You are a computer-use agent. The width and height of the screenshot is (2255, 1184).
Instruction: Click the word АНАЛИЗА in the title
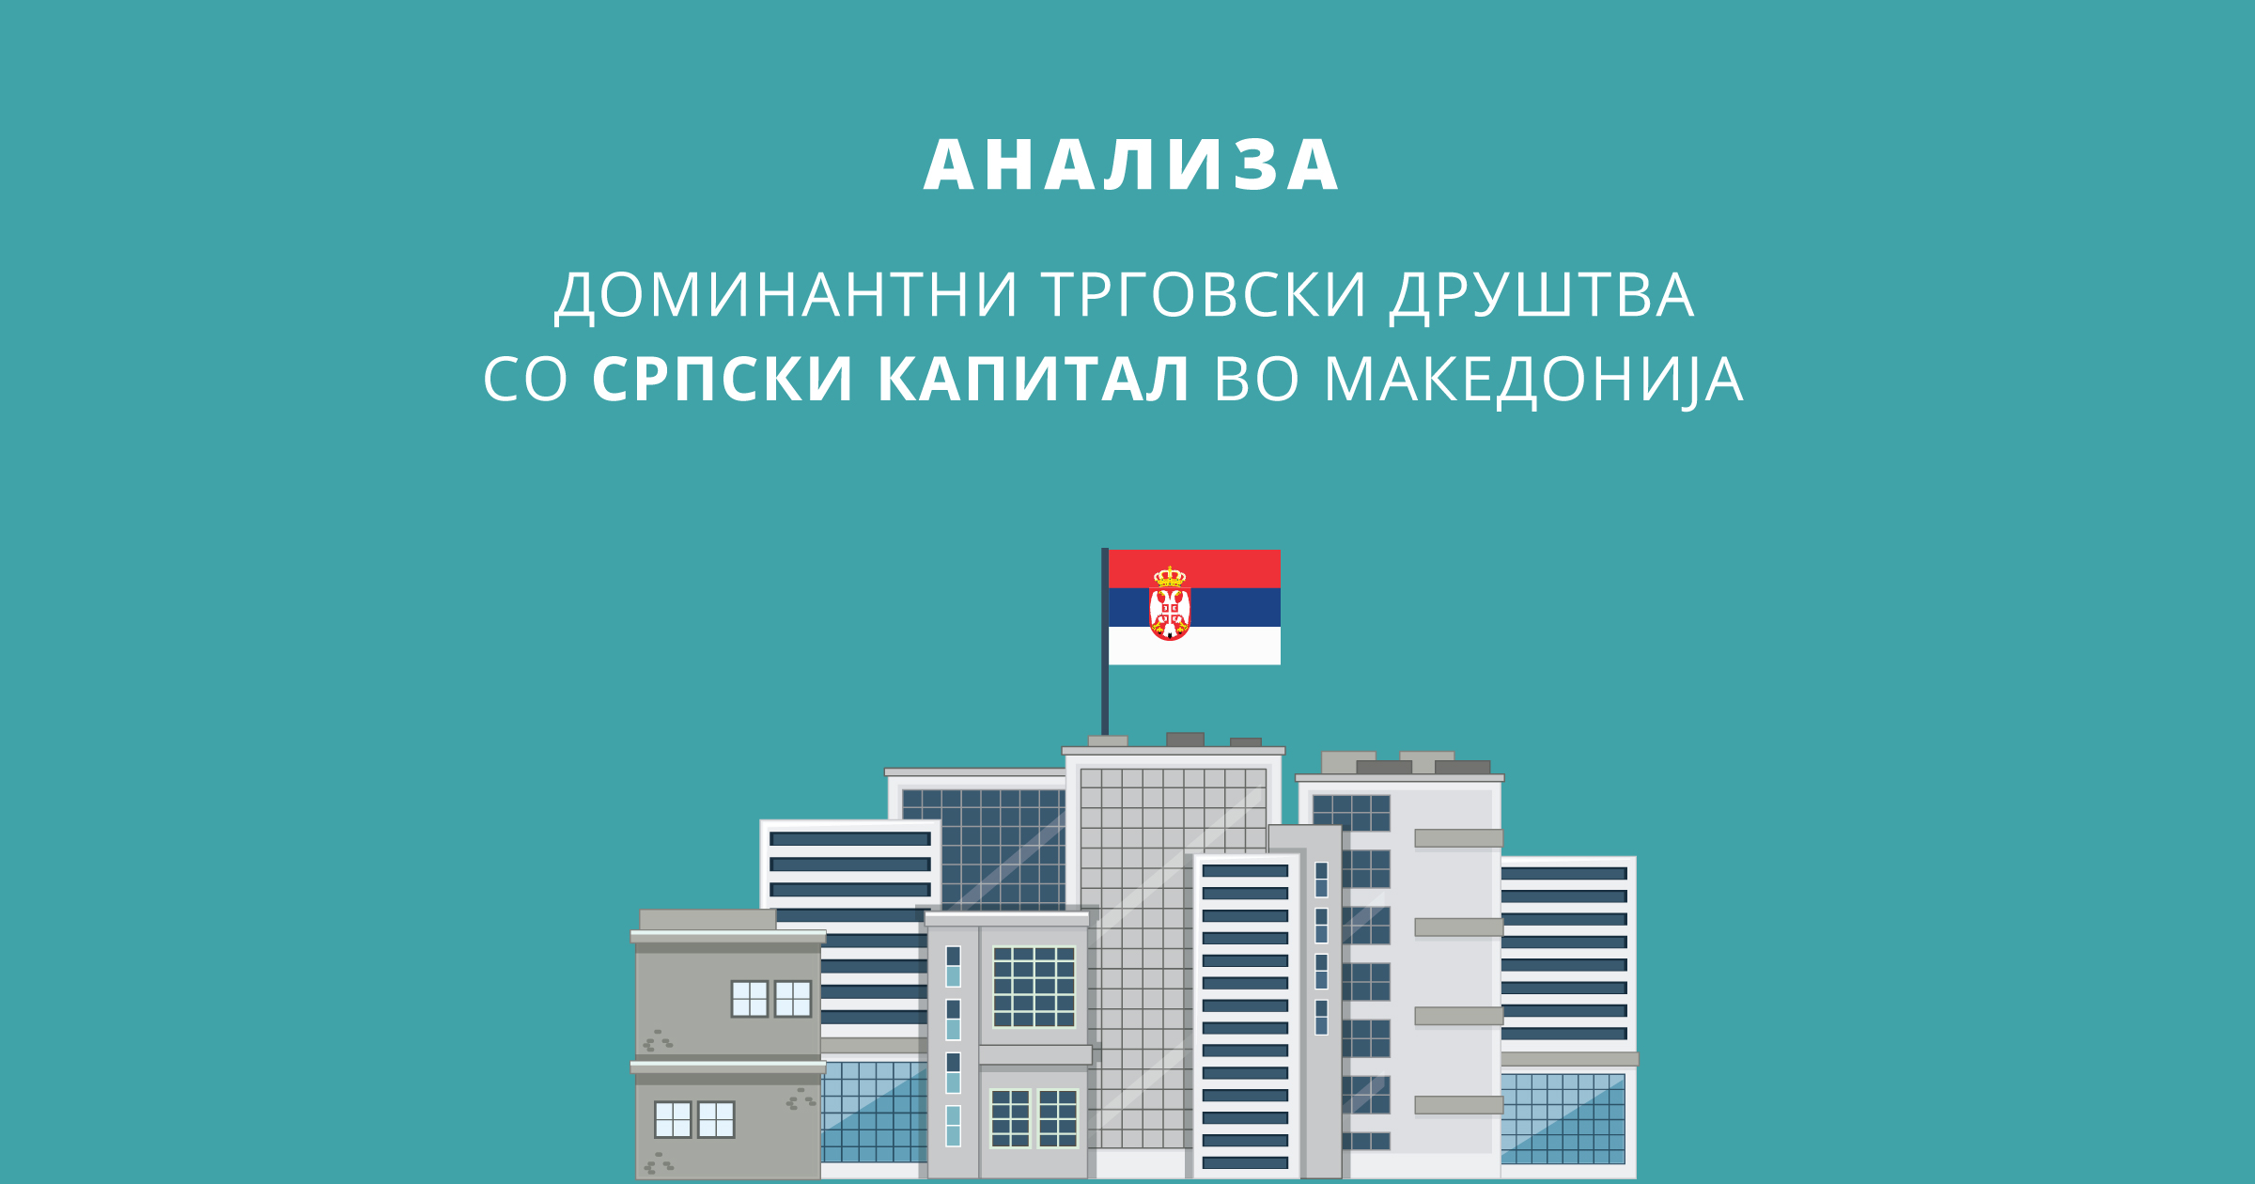pyautogui.click(x=1130, y=166)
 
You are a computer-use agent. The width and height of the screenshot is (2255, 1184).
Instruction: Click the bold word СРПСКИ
pyautogui.click(x=723, y=380)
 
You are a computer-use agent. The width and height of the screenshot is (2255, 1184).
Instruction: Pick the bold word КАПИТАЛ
pyautogui.click(x=1034, y=380)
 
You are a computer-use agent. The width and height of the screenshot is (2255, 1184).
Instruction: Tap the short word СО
pyautogui.click(x=525, y=380)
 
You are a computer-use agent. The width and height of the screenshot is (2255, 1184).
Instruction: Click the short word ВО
pyautogui.click(x=1257, y=380)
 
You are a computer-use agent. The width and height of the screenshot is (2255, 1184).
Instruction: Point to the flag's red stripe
pyautogui.click(x=1194, y=569)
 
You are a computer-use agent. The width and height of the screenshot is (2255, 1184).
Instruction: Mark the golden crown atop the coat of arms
pyautogui.click(x=1170, y=576)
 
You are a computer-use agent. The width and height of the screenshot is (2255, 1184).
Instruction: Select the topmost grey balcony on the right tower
pyautogui.click(x=1459, y=838)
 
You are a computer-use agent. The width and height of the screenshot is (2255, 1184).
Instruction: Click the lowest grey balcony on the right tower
pyautogui.click(x=1459, y=1105)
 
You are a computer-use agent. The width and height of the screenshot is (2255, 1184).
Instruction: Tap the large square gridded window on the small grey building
pyautogui.click(x=1034, y=987)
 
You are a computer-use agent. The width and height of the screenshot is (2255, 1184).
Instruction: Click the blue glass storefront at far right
pyautogui.click(x=1563, y=1118)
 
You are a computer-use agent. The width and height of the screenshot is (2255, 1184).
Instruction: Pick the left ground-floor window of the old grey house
pyautogui.click(x=673, y=1120)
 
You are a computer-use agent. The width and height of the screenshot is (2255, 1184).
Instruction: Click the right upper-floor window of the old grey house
pyautogui.click(x=792, y=999)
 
